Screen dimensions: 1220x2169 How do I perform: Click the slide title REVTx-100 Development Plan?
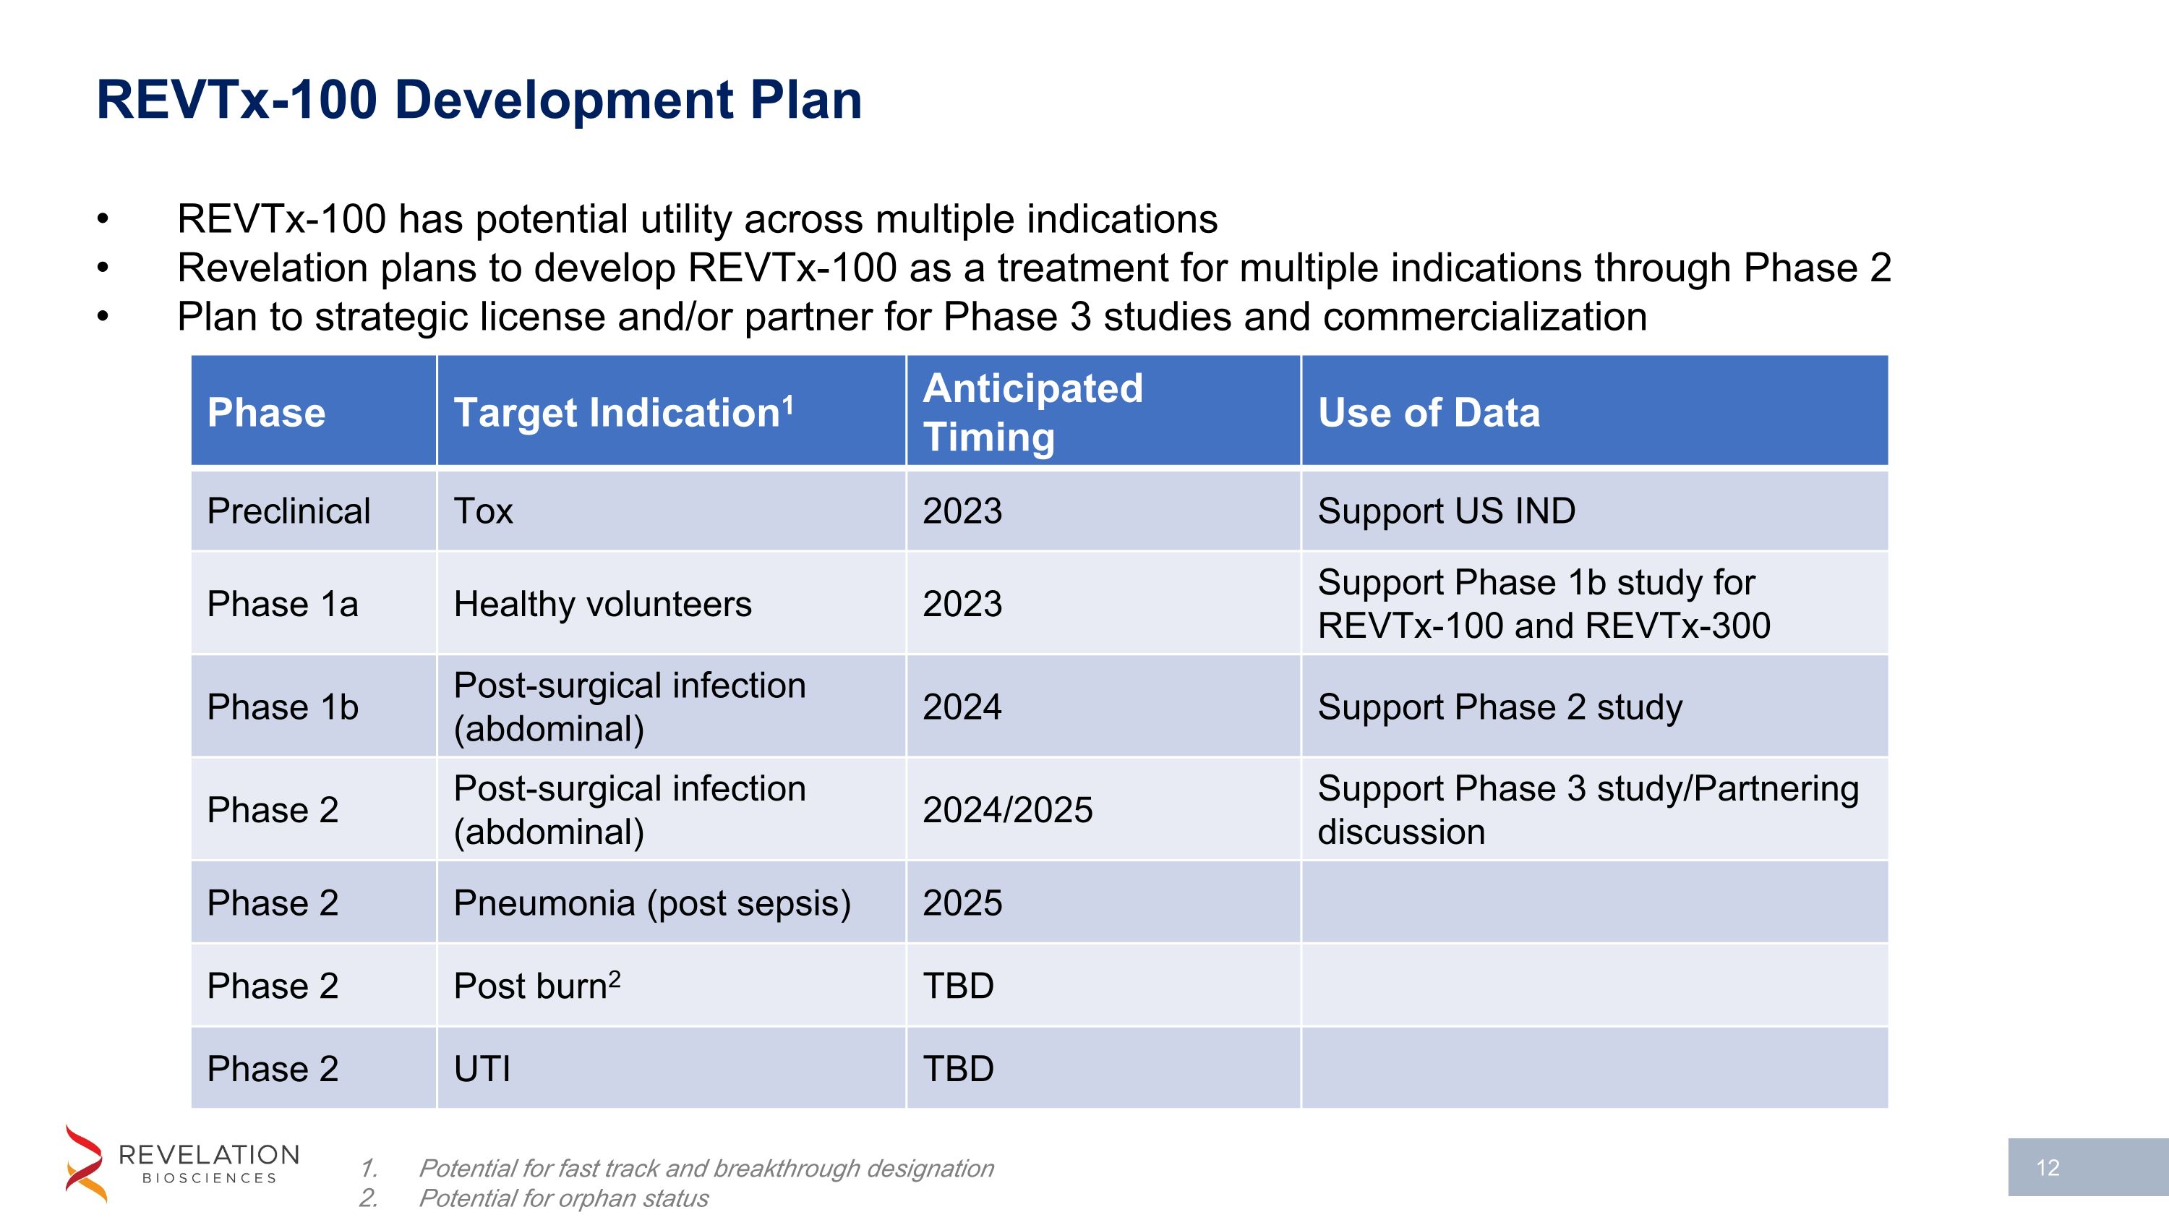(479, 101)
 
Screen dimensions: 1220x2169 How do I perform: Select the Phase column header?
(266, 412)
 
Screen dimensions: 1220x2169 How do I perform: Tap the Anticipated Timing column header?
(1032, 412)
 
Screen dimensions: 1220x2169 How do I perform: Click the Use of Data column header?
(1428, 412)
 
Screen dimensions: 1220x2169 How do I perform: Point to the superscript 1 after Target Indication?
(788, 405)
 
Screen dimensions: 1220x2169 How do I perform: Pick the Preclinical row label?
(288, 511)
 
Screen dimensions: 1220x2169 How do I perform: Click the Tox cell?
(483, 511)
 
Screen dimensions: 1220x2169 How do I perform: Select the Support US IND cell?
(1446, 511)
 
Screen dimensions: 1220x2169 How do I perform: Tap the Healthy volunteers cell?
(602, 604)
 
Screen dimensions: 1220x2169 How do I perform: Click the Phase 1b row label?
(283, 707)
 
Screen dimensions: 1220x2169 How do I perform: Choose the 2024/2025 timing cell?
(1007, 810)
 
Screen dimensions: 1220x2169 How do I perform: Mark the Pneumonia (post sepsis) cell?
(651, 903)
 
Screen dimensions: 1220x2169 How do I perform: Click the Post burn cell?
(536, 986)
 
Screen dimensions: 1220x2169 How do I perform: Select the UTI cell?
(482, 1068)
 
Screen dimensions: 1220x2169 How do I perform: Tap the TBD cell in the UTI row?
(958, 1068)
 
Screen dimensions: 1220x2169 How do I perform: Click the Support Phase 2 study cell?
(1500, 707)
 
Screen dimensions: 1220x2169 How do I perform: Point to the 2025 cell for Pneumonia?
(962, 903)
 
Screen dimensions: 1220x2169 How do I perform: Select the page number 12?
(2047, 1167)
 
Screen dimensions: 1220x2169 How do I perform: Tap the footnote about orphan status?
(562, 1198)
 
